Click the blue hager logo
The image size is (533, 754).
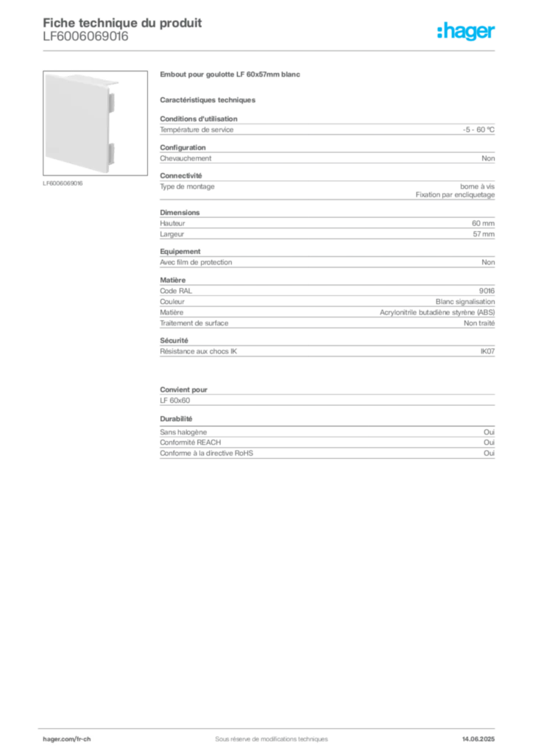467,31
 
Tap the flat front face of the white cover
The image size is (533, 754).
75,121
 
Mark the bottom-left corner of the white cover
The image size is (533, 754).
45,166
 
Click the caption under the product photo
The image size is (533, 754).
64,184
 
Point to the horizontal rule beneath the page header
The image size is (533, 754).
270,50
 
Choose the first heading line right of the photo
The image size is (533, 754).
232,76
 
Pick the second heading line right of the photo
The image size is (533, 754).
209,99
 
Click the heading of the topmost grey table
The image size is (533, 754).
199,117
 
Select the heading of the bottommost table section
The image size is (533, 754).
177,417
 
